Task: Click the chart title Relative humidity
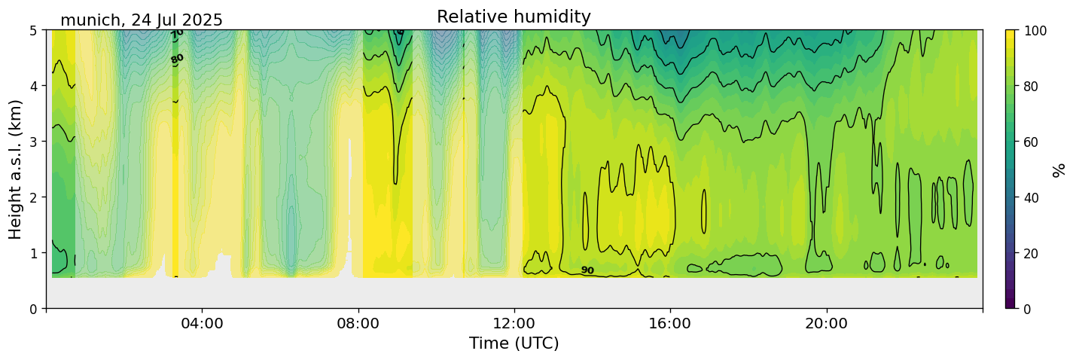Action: pos(514,17)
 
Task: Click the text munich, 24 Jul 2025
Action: pos(142,20)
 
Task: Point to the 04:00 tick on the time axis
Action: pos(202,324)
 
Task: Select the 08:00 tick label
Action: pos(358,324)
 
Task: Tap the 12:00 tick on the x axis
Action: pos(514,324)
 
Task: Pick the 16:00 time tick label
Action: pos(670,324)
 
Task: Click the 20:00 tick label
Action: pos(827,324)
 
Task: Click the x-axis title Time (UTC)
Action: pos(514,343)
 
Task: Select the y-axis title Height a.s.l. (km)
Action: pos(16,169)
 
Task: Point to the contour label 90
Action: pos(587,270)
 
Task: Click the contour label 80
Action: pos(177,59)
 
